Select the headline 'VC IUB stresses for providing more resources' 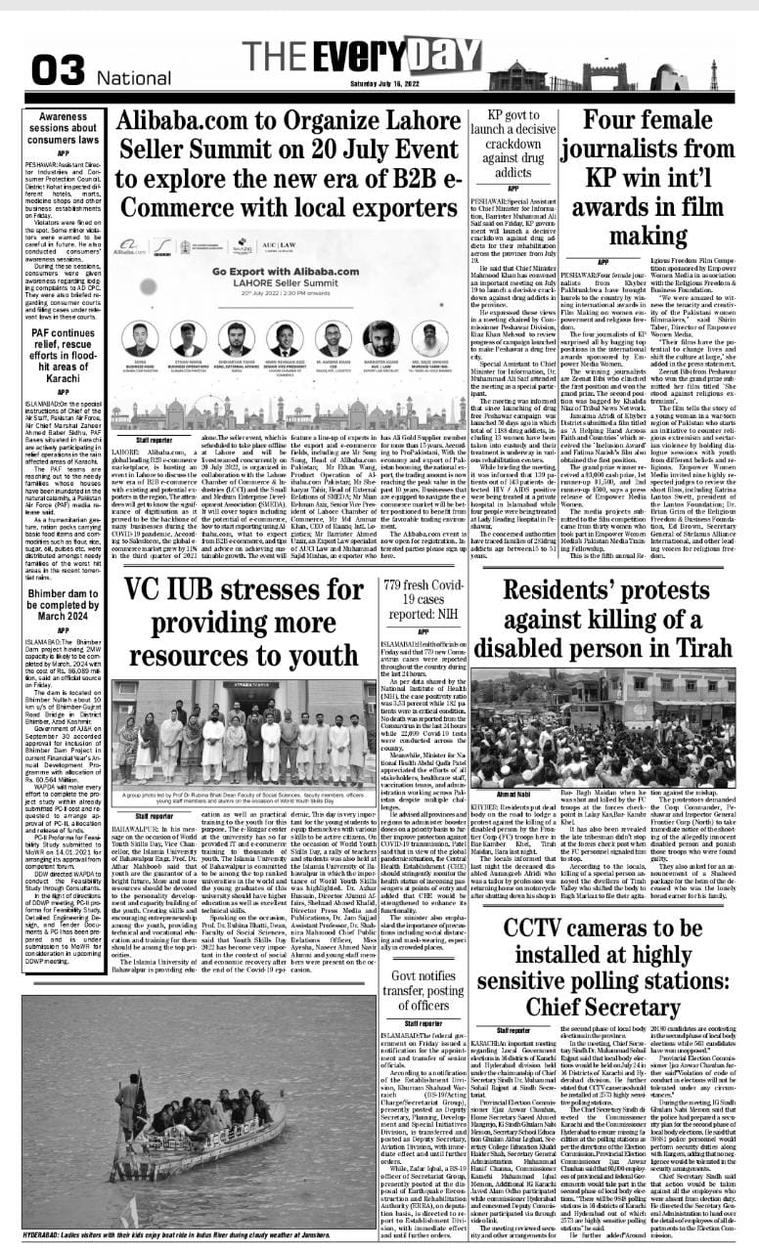[x=248, y=607]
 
